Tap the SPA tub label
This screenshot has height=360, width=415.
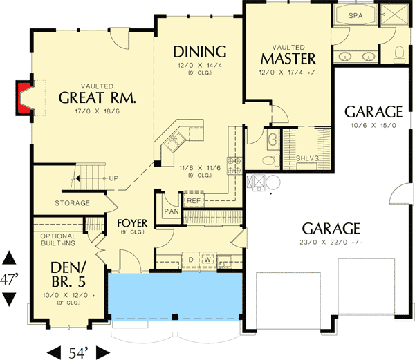pyautogui.click(x=356, y=15)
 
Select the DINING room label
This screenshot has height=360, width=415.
pyautogui.click(x=200, y=51)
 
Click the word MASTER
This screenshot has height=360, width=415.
pyautogui.click(x=288, y=58)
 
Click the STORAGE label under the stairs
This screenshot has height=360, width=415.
pyautogui.click(x=73, y=203)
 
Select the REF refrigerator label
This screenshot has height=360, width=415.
pyautogui.click(x=193, y=201)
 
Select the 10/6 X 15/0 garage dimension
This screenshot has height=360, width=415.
pyautogui.click(x=373, y=125)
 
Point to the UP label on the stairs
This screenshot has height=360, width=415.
pyautogui.click(x=113, y=178)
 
